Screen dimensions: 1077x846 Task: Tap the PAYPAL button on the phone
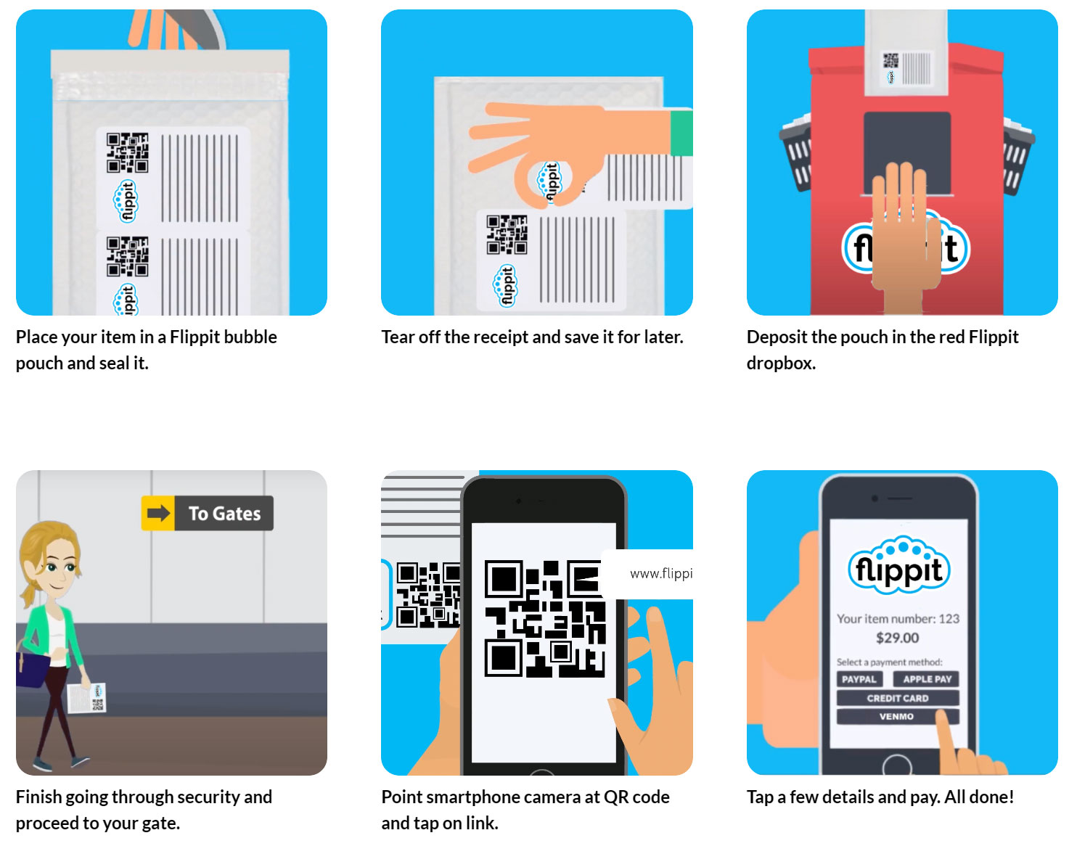pyautogui.click(x=859, y=679)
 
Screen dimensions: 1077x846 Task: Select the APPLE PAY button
pyautogui.click(x=926, y=679)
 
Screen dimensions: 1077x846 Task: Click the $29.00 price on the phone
pyautogui.click(x=898, y=638)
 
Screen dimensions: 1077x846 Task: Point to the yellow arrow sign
pyautogui.click(x=157, y=513)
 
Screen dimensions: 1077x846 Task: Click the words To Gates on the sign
pyautogui.click(x=224, y=514)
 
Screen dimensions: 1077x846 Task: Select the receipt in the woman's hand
pyautogui.click(x=87, y=698)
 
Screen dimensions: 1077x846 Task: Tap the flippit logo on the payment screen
pyautogui.click(x=898, y=567)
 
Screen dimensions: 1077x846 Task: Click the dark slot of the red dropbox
pyautogui.click(x=907, y=153)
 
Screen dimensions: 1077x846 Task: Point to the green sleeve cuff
pyautogui.click(x=681, y=133)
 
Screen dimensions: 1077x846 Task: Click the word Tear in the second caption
pyautogui.click(x=398, y=337)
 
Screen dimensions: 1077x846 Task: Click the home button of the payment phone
pyautogui.click(x=897, y=765)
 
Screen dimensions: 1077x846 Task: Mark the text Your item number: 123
pyautogui.click(x=898, y=619)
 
